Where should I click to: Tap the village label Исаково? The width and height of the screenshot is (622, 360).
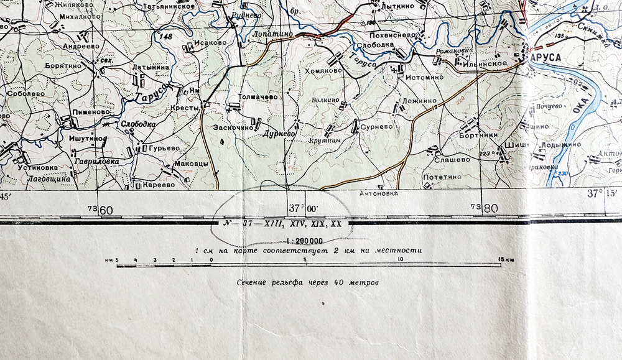[x=210, y=43]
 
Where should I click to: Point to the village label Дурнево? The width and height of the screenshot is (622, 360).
[x=278, y=134]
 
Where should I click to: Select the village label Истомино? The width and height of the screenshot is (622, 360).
[x=425, y=78]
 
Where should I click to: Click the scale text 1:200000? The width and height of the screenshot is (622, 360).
[x=304, y=241]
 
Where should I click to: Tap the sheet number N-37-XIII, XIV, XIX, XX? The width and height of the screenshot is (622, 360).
[x=281, y=224]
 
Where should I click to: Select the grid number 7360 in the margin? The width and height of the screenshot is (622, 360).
[x=101, y=210]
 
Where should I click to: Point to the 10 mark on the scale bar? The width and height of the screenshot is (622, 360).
[x=399, y=259]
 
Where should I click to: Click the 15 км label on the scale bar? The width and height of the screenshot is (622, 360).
[x=505, y=259]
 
